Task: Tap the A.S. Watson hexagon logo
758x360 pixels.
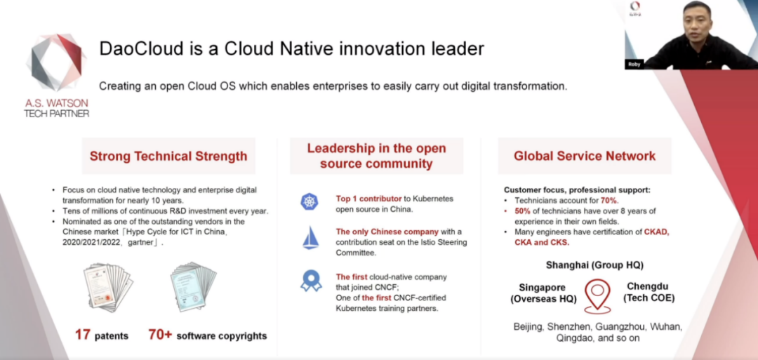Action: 57,62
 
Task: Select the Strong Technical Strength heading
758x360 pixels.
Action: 168,156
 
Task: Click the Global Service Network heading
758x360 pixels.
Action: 585,156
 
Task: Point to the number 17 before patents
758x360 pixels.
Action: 83,335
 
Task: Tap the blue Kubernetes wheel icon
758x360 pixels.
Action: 310,201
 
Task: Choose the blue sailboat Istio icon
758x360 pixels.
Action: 310,239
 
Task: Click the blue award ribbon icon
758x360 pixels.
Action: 310,281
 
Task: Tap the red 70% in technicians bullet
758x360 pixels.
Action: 610,200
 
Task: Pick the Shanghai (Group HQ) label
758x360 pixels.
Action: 594,265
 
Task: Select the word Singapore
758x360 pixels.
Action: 542,288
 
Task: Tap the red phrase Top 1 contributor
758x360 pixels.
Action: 369,199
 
